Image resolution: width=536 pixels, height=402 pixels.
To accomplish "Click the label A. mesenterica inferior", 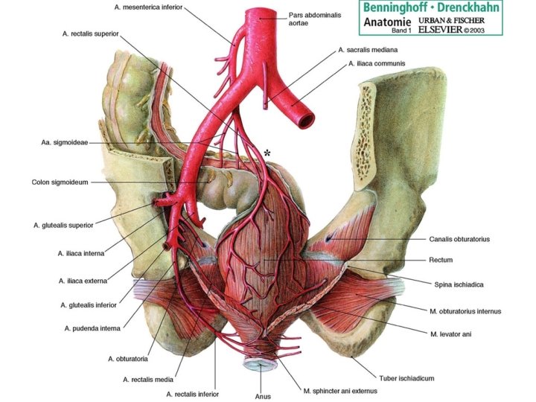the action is (148, 7).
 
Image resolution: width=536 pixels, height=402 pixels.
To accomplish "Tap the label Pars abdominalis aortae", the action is (311, 18).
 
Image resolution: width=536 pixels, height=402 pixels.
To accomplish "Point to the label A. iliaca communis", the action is (377, 64).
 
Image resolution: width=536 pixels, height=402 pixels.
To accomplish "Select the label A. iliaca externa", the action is (83, 281).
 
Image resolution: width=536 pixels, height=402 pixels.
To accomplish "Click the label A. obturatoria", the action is (131, 359).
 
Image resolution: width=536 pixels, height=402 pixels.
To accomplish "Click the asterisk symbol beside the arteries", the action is (267, 153).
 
